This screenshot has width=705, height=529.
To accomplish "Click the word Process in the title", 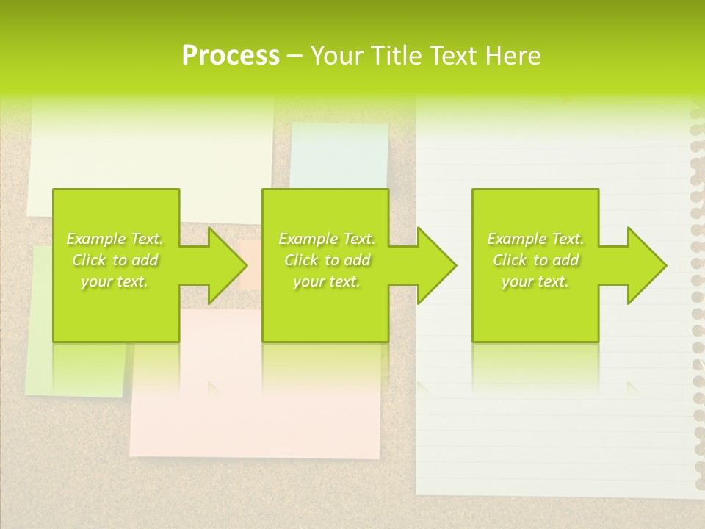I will pos(231,56).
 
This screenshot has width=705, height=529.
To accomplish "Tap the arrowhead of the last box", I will pos(646,265).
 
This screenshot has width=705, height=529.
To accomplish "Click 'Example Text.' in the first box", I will pos(115,239).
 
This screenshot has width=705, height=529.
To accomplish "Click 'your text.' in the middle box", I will pos(327,282).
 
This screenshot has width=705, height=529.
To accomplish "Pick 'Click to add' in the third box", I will pos(535,260).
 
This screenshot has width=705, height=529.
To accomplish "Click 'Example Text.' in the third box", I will pos(535,239).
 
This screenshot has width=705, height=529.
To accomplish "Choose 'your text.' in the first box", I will pos(115,282).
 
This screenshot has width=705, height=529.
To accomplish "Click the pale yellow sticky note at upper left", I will pos(147,147).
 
